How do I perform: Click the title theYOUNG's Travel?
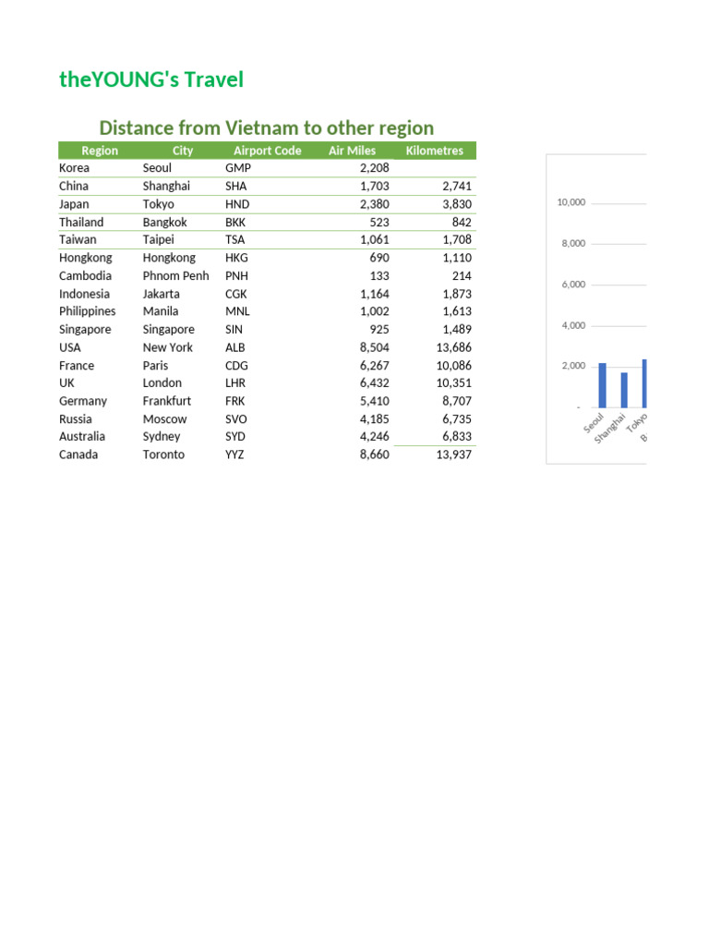[x=151, y=79]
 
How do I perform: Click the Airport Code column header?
[x=267, y=151]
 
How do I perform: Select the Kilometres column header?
[x=434, y=151]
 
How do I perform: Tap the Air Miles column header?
[x=352, y=151]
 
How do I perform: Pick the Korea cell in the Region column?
[x=75, y=168]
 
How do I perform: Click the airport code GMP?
[x=238, y=168]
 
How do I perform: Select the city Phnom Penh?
[x=175, y=275]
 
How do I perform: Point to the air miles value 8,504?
[x=374, y=347]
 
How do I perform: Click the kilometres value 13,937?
[x=453, y=455]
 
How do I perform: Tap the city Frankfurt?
[x=167, y=401]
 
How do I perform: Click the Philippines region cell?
[x=88, y=311]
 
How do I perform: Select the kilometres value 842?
[x=462, y=222]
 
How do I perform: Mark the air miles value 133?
[x=379, y=275]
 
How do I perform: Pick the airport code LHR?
[x=236, y=382]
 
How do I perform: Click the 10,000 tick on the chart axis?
[x=571, y=202]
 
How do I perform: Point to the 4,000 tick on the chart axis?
[x=573, y=325]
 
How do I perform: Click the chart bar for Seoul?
[x=602, y=385]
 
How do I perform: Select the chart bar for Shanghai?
[x=624, y=390]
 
